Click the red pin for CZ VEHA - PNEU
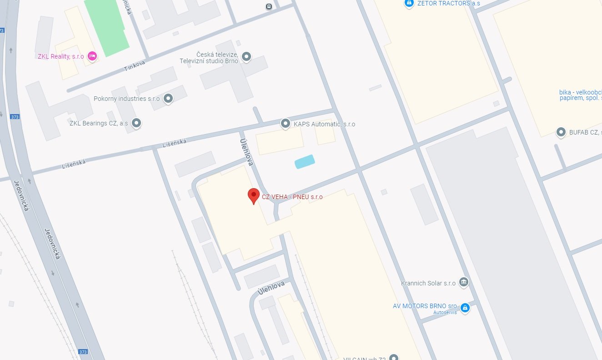tap(253, 195)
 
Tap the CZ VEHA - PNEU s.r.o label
tap(292, 197)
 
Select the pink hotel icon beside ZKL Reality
tap(92, 56)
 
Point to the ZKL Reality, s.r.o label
tap(60, 56)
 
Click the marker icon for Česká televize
tap(246, 57)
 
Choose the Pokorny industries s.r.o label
tap(126, 99)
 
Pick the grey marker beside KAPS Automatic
tap(285, 123)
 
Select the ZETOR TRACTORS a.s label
tap(448, 4)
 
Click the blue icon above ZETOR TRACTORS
tap(409, 4)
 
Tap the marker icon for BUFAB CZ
tap(561, 132)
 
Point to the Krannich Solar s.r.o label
tap(428, 283)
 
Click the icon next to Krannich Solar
tap(464, 282)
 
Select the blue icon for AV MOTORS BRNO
tap(465, 308)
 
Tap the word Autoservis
tap(445, 312)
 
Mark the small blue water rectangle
tap(305, 161)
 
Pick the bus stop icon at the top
tap(269, 6)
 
